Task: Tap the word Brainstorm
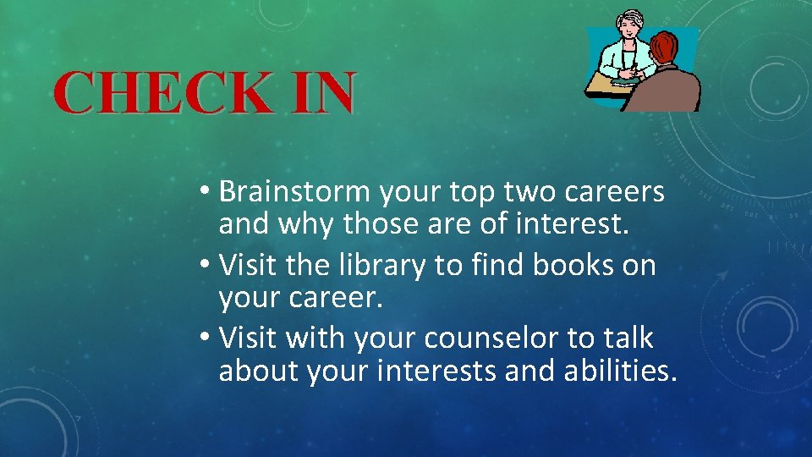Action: (295, 193)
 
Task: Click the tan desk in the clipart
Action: (608, 85)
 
